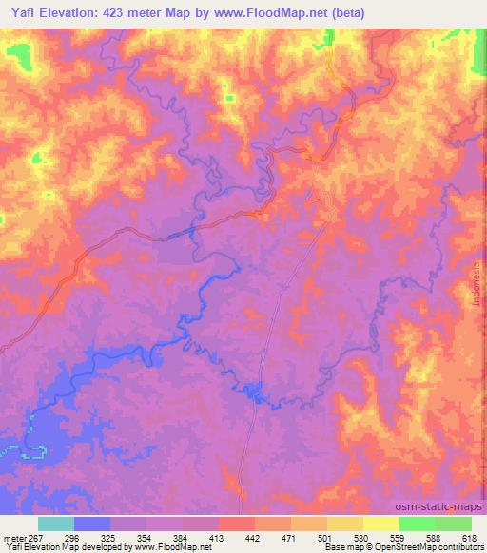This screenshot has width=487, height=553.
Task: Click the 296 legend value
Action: coord(74,537)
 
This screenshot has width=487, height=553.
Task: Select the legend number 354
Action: coord(146,537)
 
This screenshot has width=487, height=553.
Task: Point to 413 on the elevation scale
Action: coord(218,537)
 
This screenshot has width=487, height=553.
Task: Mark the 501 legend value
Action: coord(325,537)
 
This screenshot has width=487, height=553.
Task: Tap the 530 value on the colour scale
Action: coord(361,537)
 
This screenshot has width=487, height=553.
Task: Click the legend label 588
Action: coord(433,537)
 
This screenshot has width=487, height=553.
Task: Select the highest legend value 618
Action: coord(468,537)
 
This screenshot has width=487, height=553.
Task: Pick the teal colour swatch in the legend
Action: coord(56,524)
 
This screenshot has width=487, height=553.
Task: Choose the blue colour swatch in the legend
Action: coord(92,524)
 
